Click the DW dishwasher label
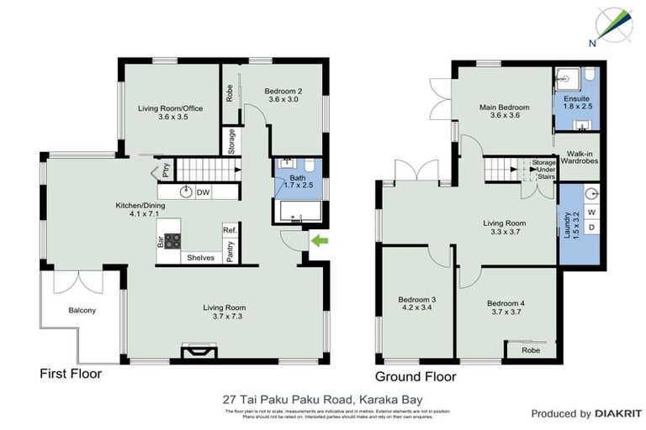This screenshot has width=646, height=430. click(203, 192)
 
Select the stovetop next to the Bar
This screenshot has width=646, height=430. click(172, 241)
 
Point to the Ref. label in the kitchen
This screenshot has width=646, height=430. click(229, 230)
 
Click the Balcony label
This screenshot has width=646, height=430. click(82, 311)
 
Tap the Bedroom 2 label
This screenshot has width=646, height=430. click(283, 95)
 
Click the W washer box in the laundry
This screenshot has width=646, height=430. click(591, 212)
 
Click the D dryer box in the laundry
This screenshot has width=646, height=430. click(591, 228)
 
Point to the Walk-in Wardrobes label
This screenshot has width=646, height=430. click(582, 157)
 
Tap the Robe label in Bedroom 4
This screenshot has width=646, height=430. click(530, 350)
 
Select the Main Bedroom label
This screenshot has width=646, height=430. click(505, 112)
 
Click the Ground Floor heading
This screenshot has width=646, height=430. click(416, 377)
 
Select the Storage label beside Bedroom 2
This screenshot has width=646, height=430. click(231, 140)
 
